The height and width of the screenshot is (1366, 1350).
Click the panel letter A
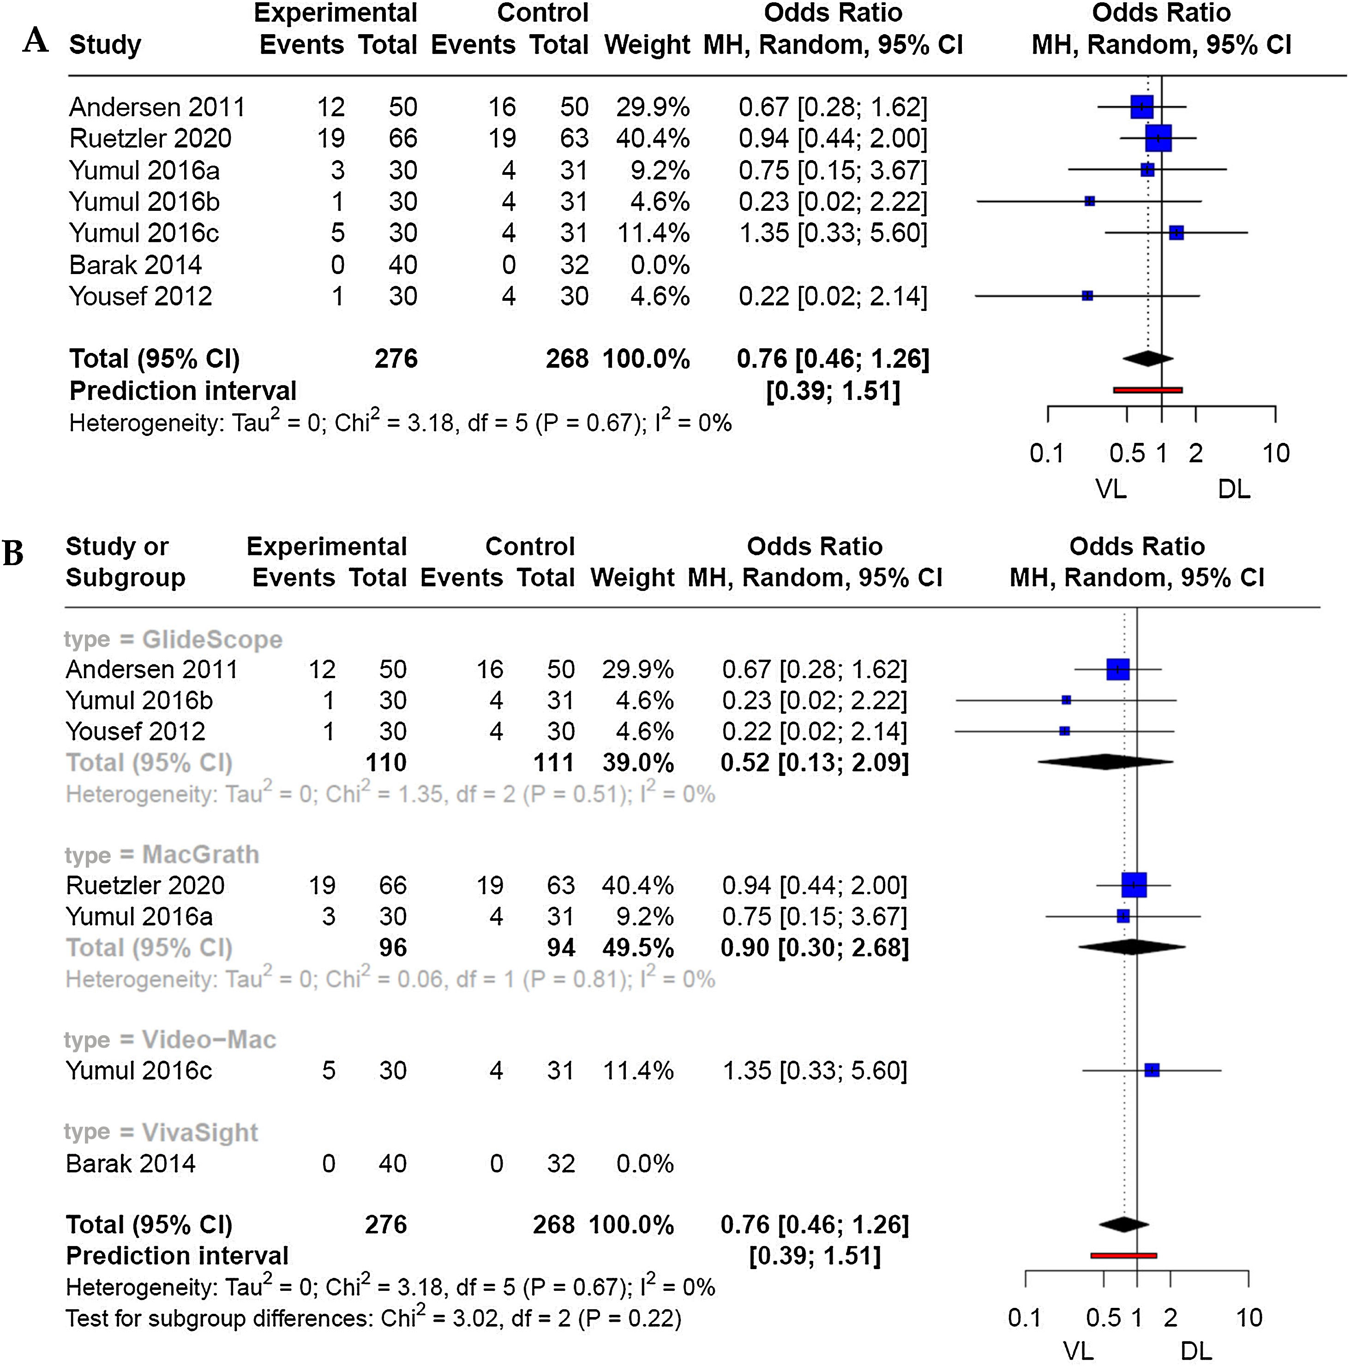coord(36,40)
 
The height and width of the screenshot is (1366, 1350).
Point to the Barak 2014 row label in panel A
coord(136,265)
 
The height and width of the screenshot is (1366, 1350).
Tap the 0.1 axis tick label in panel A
coord(1047,453)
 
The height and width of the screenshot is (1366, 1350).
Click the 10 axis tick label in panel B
coord(1249,1318)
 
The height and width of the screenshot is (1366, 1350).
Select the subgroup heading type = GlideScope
coord(173,639)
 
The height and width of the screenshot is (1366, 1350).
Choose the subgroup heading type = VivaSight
coord(161,1133)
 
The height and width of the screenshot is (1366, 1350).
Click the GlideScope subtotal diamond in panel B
coord(1104,762)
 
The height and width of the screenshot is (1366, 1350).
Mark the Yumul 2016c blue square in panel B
coord(1151,1070)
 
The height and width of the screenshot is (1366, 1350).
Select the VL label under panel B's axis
coord(1079,1352)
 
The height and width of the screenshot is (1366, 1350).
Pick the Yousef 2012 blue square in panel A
coord(1087,296)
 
